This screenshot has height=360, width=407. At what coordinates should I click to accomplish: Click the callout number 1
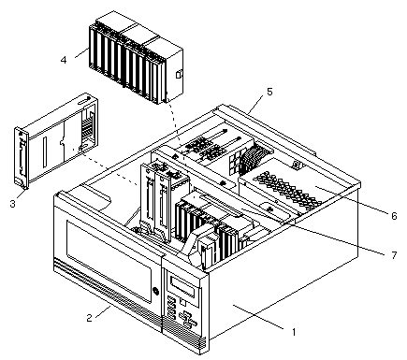[294, 332]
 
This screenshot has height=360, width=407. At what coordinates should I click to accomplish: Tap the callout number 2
[90, 318]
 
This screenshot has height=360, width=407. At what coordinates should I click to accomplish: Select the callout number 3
[12, 204]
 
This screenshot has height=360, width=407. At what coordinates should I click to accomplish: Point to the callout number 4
[64, 60]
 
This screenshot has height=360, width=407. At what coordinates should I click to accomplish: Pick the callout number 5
[269, 92]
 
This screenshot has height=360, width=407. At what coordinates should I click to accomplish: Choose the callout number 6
[394, 215]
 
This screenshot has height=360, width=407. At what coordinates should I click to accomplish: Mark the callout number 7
[394, 255]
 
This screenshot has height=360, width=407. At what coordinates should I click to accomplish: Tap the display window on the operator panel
[184, 288]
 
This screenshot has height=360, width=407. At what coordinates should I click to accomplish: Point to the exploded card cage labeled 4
[136, 58]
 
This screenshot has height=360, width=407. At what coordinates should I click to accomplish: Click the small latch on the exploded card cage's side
[179, 75]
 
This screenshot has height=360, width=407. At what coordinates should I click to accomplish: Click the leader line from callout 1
[258, 317]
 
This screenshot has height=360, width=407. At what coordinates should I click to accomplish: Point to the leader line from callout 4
[82, 52]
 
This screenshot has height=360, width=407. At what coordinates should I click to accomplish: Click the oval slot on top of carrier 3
[83, 101]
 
